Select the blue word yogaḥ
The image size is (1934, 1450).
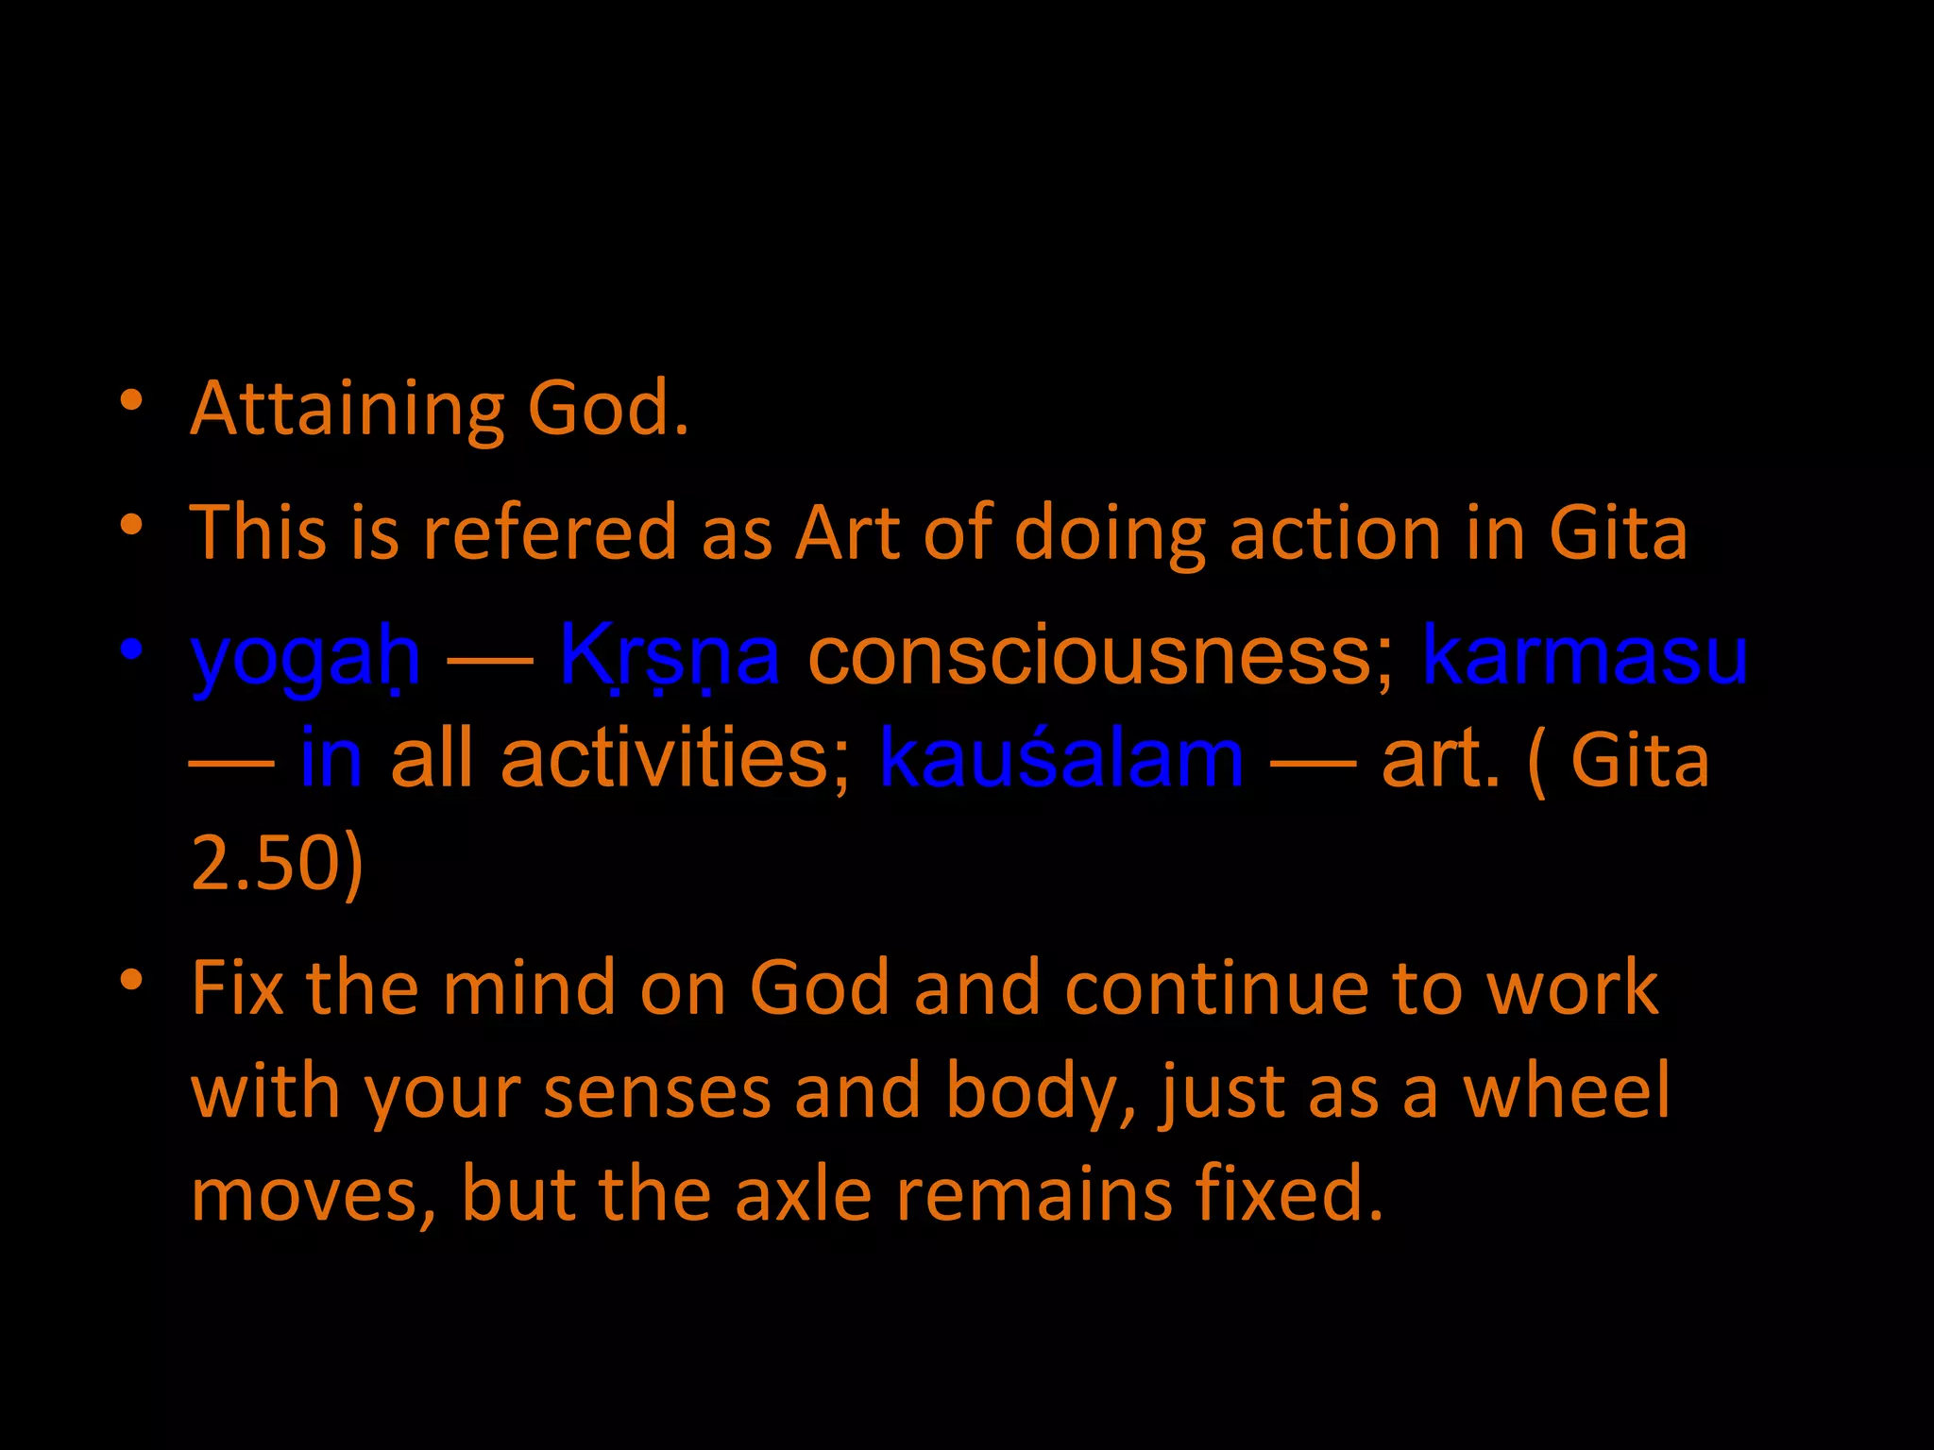[305, 657]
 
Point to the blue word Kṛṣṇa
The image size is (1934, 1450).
[670, 655]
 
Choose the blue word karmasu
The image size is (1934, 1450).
[1584, 655]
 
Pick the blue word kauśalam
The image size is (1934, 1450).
[1060, 759]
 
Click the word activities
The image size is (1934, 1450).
[675, 759]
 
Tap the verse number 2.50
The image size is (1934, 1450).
[265, 863]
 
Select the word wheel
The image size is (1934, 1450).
[1567, 1091]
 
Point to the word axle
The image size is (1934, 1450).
[803, 1194]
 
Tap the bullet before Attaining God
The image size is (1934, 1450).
[131, 400]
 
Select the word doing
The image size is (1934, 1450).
[1111, 532]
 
